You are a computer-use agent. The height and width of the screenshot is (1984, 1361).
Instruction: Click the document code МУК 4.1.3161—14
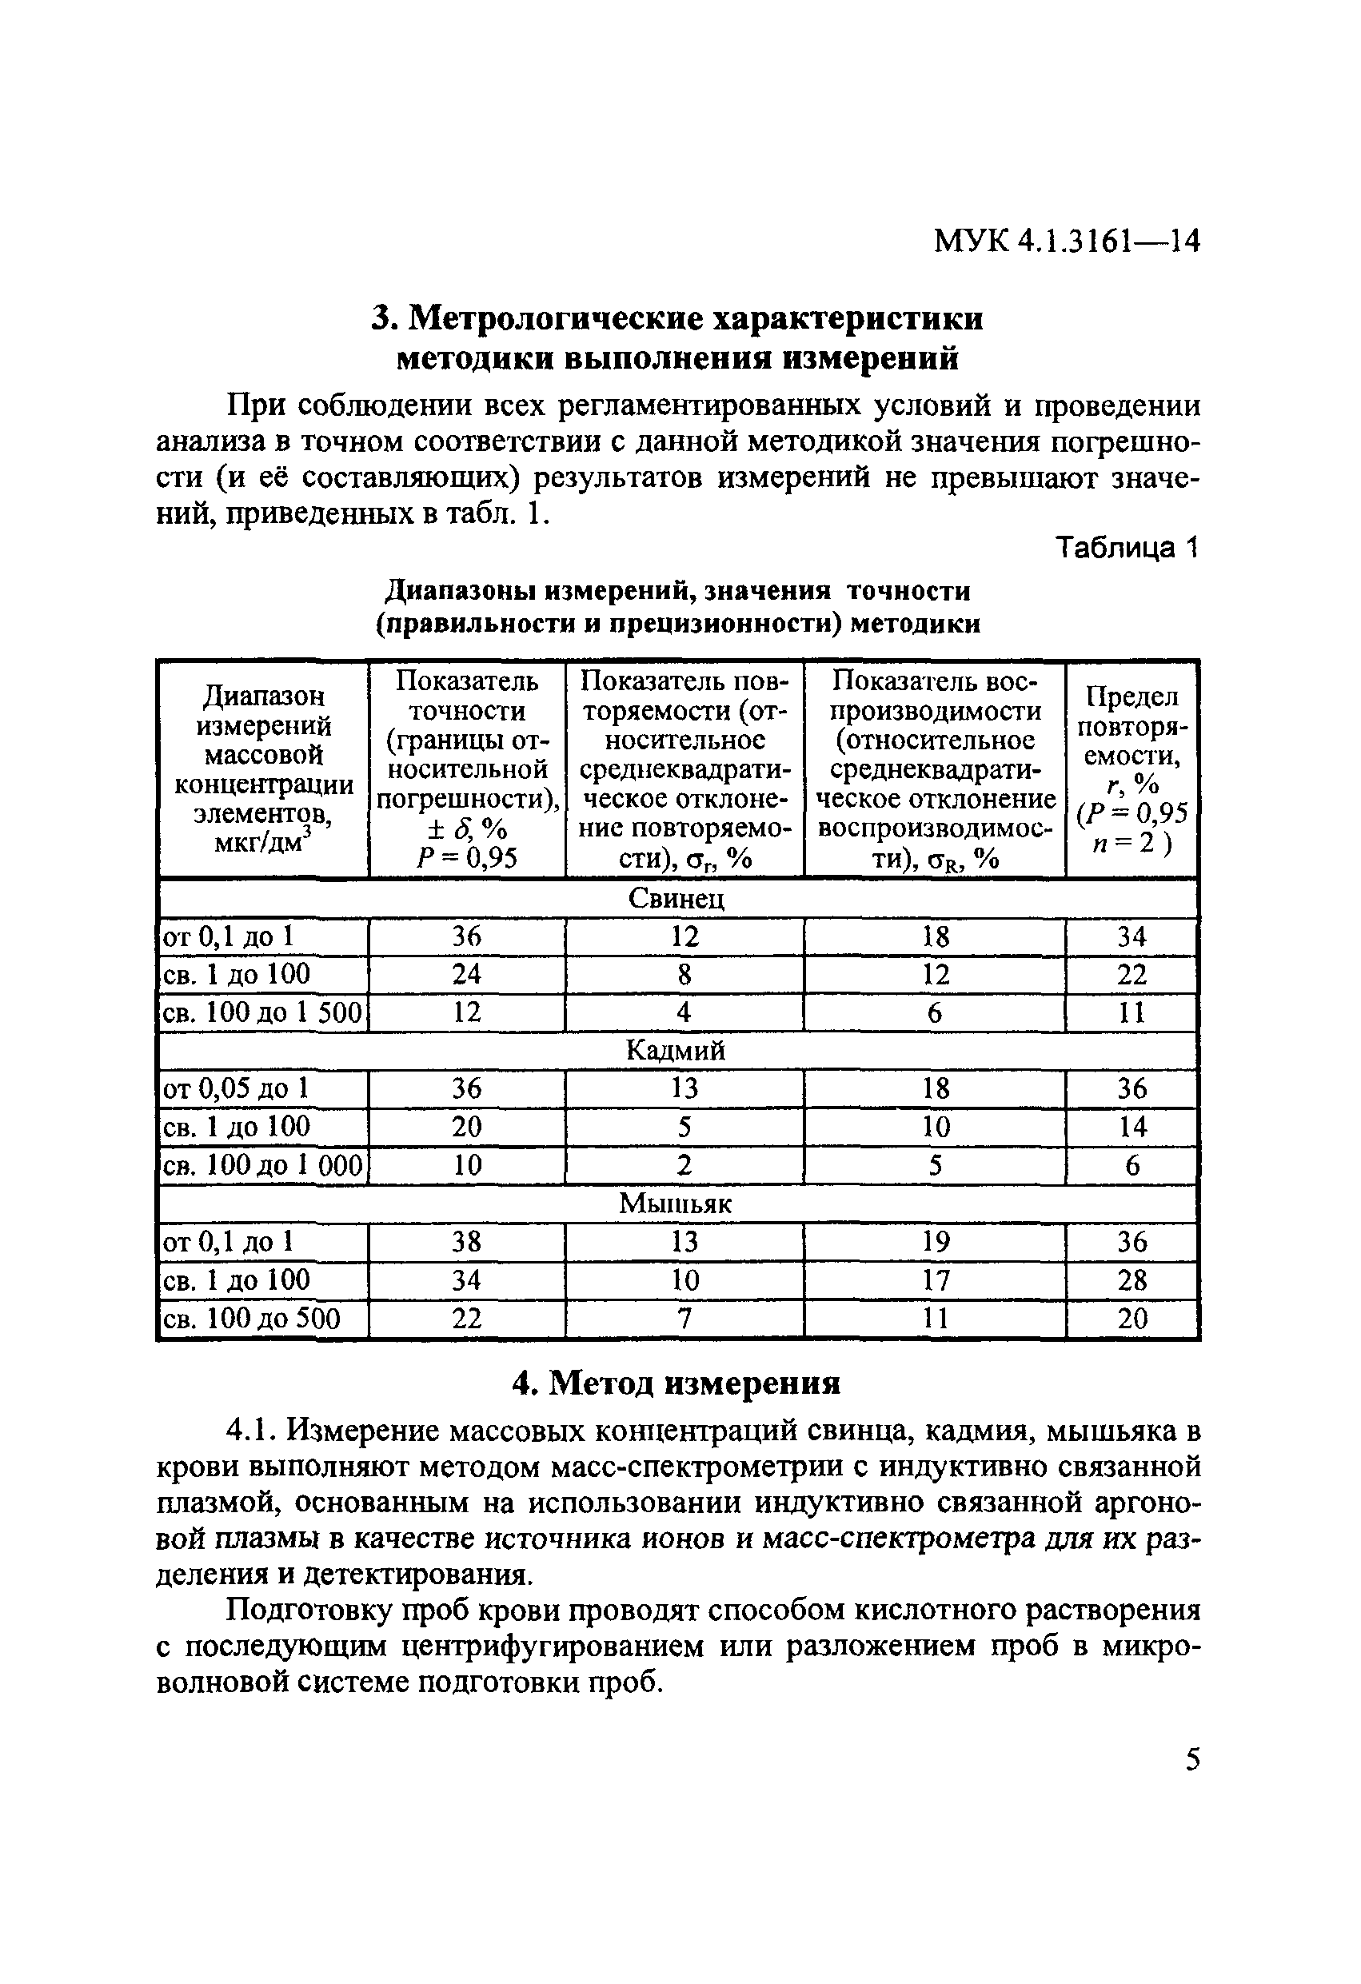pyautogui.click(x=1067, y=242)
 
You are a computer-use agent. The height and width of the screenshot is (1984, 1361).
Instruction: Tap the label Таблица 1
pyautogui.click(x=1127, y=546)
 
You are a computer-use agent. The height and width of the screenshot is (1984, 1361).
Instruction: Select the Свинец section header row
pyautogui.click(x=677, y=898)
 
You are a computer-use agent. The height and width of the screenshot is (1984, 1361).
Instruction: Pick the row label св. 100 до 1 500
pyautogui.click(x=262, y=1012)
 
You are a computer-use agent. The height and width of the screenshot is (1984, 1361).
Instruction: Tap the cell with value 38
pyautogui.click(x=466, y=1241)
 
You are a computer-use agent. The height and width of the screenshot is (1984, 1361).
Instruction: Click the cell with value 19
pyautogui.click(x=935, y=1241)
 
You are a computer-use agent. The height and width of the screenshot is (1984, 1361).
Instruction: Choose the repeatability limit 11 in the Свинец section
pyautogui.click(x=1132, y=1012)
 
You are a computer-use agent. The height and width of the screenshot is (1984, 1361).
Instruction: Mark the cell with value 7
pyautogui.click(x=684, y=1318)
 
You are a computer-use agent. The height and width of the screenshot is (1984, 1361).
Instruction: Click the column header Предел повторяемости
pyautogui.click(x=1132, y=768)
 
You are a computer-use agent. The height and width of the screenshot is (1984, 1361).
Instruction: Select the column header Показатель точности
pyautogui.click(x=466, y=768)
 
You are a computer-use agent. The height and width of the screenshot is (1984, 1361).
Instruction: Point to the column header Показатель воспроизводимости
pyautogui.click(x=935, y=768)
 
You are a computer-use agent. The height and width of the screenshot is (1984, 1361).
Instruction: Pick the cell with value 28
pyautogui.click(x=1132, y=1279)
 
